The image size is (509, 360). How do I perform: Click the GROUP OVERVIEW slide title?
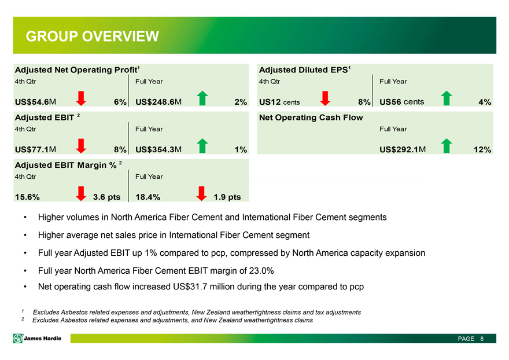tap(93, 36)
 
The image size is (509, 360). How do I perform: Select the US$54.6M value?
tap(35, 102)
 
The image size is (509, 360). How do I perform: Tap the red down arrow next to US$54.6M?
tap(81, 98)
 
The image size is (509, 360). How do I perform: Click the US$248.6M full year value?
tap(158, 102)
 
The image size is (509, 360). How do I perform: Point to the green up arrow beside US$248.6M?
tap(202, 98)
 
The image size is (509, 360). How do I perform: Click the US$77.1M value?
tap(35, 149)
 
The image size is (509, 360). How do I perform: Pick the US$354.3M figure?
tap(158, 149)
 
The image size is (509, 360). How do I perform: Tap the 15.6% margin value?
tap(27, 197)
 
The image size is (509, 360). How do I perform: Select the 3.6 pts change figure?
tap(107, 197)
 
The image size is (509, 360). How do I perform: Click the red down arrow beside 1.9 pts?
tap(202, 194)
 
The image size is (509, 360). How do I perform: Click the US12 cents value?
tap(279, 102)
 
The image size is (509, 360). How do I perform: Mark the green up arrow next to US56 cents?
tap(447, 98)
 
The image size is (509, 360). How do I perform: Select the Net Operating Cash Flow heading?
tap(311, 117)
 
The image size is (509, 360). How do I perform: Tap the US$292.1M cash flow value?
tap(403, 149)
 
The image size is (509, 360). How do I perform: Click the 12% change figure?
tap(482, 149)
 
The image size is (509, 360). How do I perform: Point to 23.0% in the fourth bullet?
tap(261, 271)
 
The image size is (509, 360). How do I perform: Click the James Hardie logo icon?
tap(17, 339)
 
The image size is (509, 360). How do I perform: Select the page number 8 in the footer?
tap(482, 339)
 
